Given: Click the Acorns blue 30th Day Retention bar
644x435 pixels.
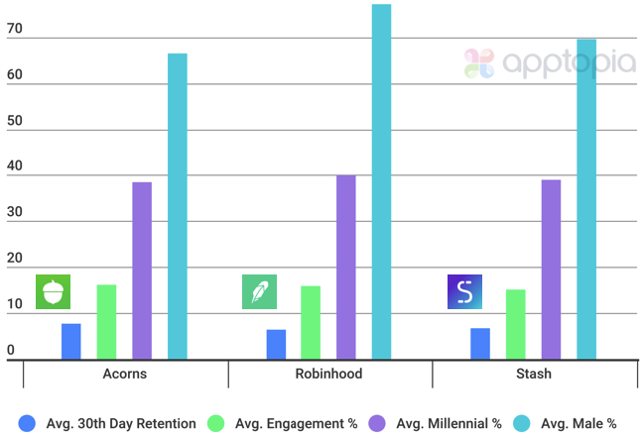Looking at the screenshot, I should [x=71, y=342].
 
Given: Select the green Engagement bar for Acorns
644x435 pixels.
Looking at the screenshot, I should [x=106, y=322].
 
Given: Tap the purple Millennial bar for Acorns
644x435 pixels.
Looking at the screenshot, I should [x=142, y=271].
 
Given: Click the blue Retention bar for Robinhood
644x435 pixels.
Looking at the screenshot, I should [x=276, y=344].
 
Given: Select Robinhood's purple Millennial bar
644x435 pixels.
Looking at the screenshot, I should [x=346, y=268].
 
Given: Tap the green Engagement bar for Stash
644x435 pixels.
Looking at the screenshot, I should [x=516, y=324].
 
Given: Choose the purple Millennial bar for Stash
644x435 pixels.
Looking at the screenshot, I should [x=551, y=270].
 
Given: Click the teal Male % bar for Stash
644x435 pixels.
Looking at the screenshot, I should [x=586, y=199].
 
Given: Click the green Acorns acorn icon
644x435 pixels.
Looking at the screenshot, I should [x=54, y=291].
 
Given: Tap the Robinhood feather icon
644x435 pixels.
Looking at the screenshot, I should [x=259, y=291].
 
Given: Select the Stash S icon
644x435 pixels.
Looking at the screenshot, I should [x=464, y=291].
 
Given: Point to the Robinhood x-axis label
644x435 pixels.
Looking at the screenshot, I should [x=329, y=374].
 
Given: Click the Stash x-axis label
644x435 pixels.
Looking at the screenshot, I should [x=534, y=374].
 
